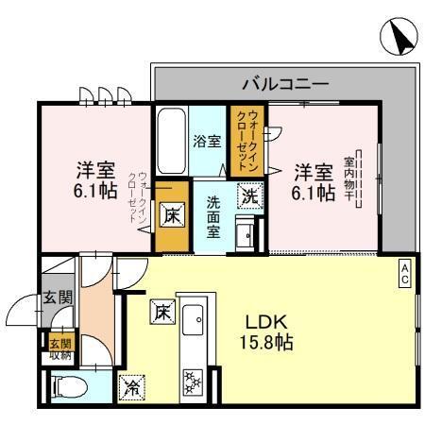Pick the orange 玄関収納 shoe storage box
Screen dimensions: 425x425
tap(59, 348)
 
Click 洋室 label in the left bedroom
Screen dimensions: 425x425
tap(94, 172)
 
